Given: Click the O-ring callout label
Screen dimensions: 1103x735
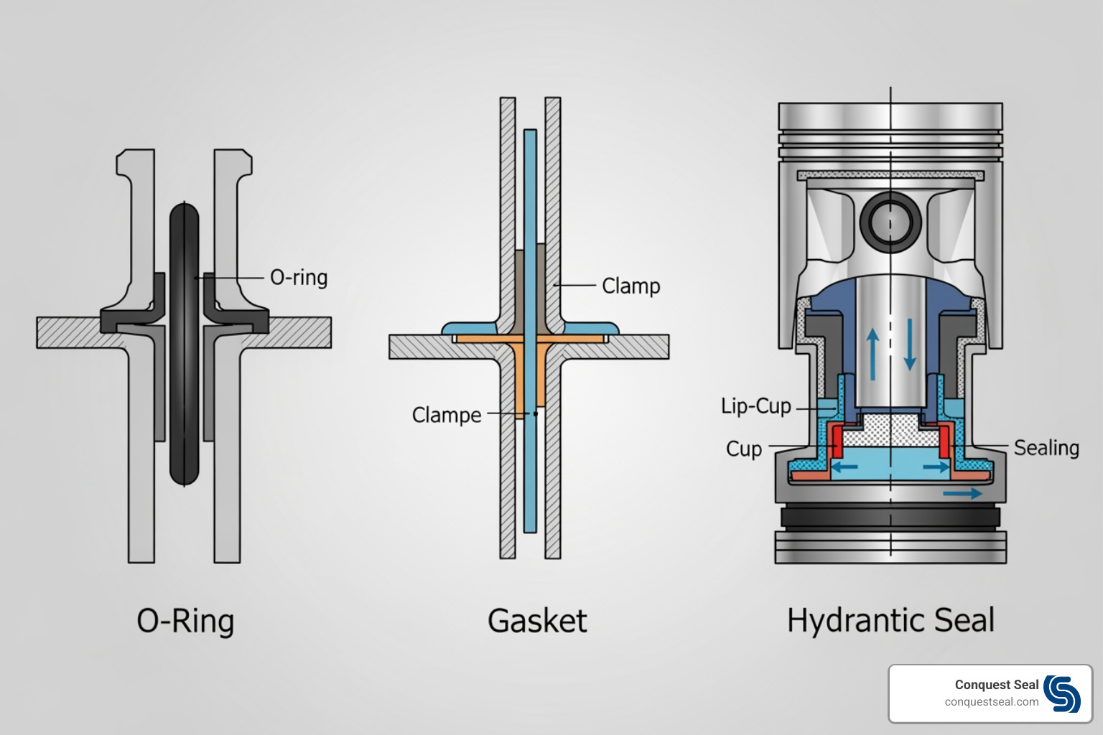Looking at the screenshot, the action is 298,278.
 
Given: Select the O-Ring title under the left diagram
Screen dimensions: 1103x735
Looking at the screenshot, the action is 185,621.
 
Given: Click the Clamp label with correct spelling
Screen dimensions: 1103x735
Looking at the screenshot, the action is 630,286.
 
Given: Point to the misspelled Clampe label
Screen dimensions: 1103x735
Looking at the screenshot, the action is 446,415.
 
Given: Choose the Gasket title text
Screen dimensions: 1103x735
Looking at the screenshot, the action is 537,621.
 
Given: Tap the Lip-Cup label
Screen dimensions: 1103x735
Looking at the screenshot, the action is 755,406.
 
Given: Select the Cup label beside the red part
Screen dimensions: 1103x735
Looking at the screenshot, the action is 743,449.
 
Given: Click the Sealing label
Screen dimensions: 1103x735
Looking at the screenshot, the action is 1046,448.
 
